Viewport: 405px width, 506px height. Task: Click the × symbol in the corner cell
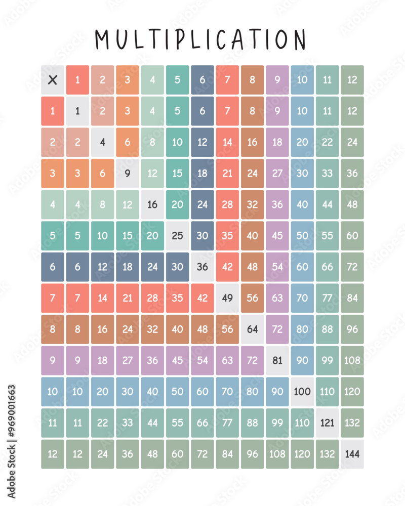point(53,79)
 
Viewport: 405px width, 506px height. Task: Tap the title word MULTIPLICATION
point(201,39)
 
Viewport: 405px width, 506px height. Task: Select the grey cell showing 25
point(177,235)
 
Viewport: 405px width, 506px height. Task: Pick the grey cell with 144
point(352,454)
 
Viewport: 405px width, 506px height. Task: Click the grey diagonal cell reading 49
point(227,298)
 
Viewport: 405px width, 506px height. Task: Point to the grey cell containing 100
point(302,392)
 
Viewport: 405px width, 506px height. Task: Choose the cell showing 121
point(327,423)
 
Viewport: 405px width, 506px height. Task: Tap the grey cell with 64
point(252,329)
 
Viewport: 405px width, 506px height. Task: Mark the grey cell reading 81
point(277,360)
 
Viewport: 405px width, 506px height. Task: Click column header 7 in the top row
point(227,79)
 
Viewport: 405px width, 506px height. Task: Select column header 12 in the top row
point(352,79)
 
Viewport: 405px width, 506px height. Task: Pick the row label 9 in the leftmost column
point(53,360)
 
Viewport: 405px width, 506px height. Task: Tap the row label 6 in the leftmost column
point(53,267)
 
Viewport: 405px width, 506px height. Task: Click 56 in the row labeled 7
point(252,298)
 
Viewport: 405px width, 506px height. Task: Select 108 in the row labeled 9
point(352,360)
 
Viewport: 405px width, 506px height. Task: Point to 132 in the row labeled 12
point(327,454)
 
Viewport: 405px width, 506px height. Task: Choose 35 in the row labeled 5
point(227,235)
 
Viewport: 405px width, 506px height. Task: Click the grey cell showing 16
point(152,204)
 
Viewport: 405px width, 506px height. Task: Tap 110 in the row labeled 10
point(327,392)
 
